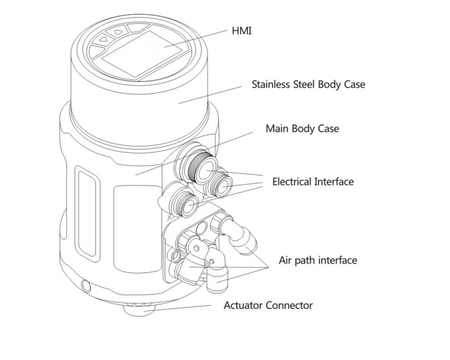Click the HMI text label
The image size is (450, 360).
[x=241, y=31]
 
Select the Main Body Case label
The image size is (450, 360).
[x=302, y=129]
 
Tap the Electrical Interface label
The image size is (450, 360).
[x=313, y=182]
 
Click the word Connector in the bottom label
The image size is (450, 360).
[x=289, y=306]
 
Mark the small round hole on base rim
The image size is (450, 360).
[x=85, y=284]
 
